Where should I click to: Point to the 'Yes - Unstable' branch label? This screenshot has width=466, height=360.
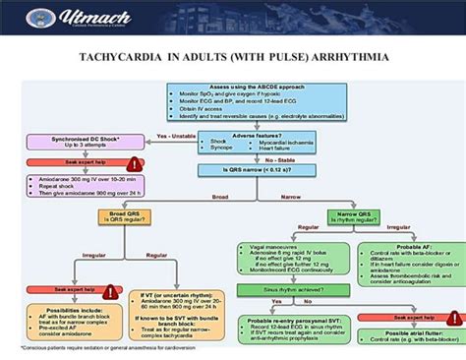pos(174,136)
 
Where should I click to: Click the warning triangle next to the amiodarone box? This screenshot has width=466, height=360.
pos(136,164)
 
